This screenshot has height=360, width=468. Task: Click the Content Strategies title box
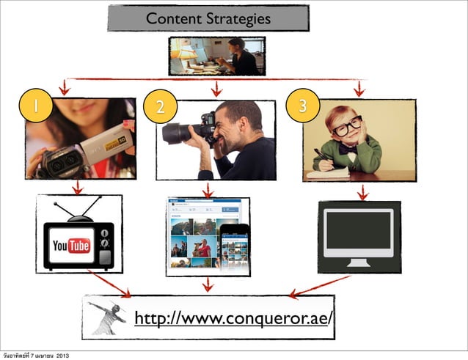tap(208, 18)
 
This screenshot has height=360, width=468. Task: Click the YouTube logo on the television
tap(70, 245)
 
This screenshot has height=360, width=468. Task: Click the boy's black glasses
tap(346, 126)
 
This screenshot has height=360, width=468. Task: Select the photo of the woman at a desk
tap(216, 56)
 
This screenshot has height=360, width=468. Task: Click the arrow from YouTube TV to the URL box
tap(108, 284)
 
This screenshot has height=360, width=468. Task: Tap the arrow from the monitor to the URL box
tap(321, 286)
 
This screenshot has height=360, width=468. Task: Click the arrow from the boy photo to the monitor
tap(362, 191)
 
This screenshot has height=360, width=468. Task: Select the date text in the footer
tap(36, 356)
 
